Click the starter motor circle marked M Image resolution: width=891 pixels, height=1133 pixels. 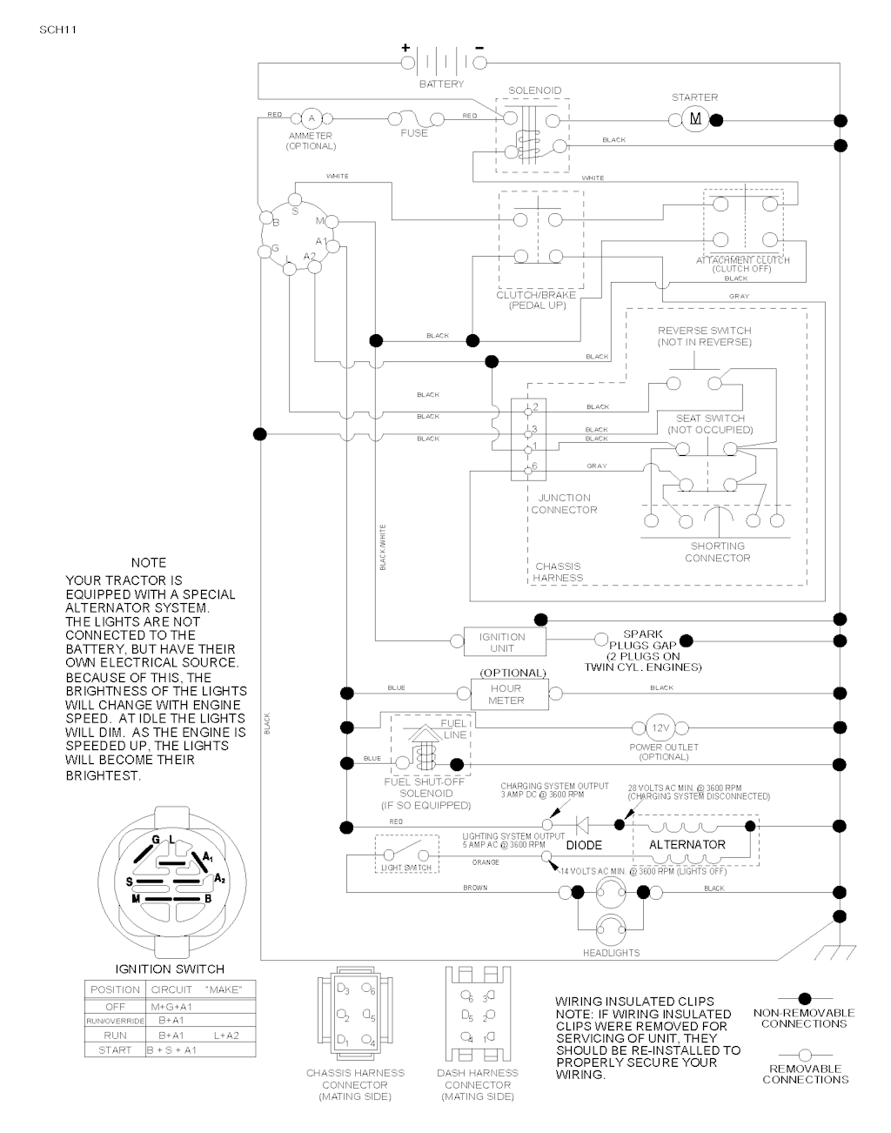[x=694, y=119]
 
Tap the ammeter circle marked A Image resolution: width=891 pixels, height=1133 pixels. [x=311, y=118]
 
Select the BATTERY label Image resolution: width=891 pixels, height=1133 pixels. [x=442, y=84]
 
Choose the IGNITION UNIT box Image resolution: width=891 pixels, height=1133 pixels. [x=502, y=642]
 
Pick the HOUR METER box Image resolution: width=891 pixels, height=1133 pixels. [x=506, y=694]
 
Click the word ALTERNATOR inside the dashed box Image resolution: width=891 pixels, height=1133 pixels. [x=687, y=844]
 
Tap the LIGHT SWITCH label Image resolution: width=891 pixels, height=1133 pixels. [x=406, y=868]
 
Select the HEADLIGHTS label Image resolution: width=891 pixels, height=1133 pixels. [x=611, y=953]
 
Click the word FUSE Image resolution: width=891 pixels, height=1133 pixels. [x=414, y=133]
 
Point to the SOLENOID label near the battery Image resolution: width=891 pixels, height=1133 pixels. [x=535, y=91]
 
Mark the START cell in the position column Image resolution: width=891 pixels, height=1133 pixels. [x=115, y=1050]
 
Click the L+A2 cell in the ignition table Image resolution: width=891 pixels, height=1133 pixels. [x=225, y=1036]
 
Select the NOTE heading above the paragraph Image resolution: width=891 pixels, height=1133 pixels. [x=148, y=563]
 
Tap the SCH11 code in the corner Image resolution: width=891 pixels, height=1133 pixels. [x=58, y=29]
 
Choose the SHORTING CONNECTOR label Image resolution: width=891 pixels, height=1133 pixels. [x=717, y=552]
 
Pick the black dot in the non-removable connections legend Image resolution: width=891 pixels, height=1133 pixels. [x=804, y=998]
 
